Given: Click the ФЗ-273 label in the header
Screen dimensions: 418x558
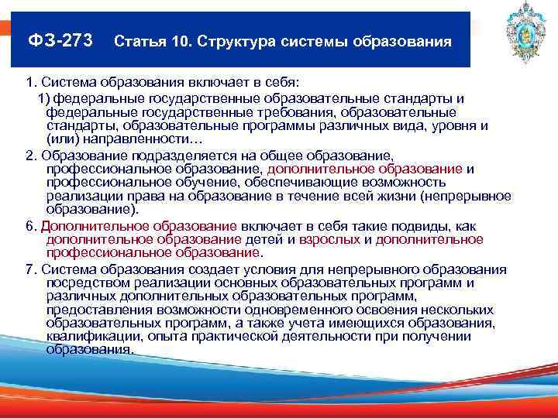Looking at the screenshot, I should [x=60, y=39].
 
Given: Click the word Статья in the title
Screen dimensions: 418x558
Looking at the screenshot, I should [x=142, y=40].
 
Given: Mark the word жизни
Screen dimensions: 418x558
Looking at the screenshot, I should [x=398, y=197].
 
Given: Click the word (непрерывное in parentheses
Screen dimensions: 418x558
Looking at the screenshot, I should [x=469, y=197].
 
